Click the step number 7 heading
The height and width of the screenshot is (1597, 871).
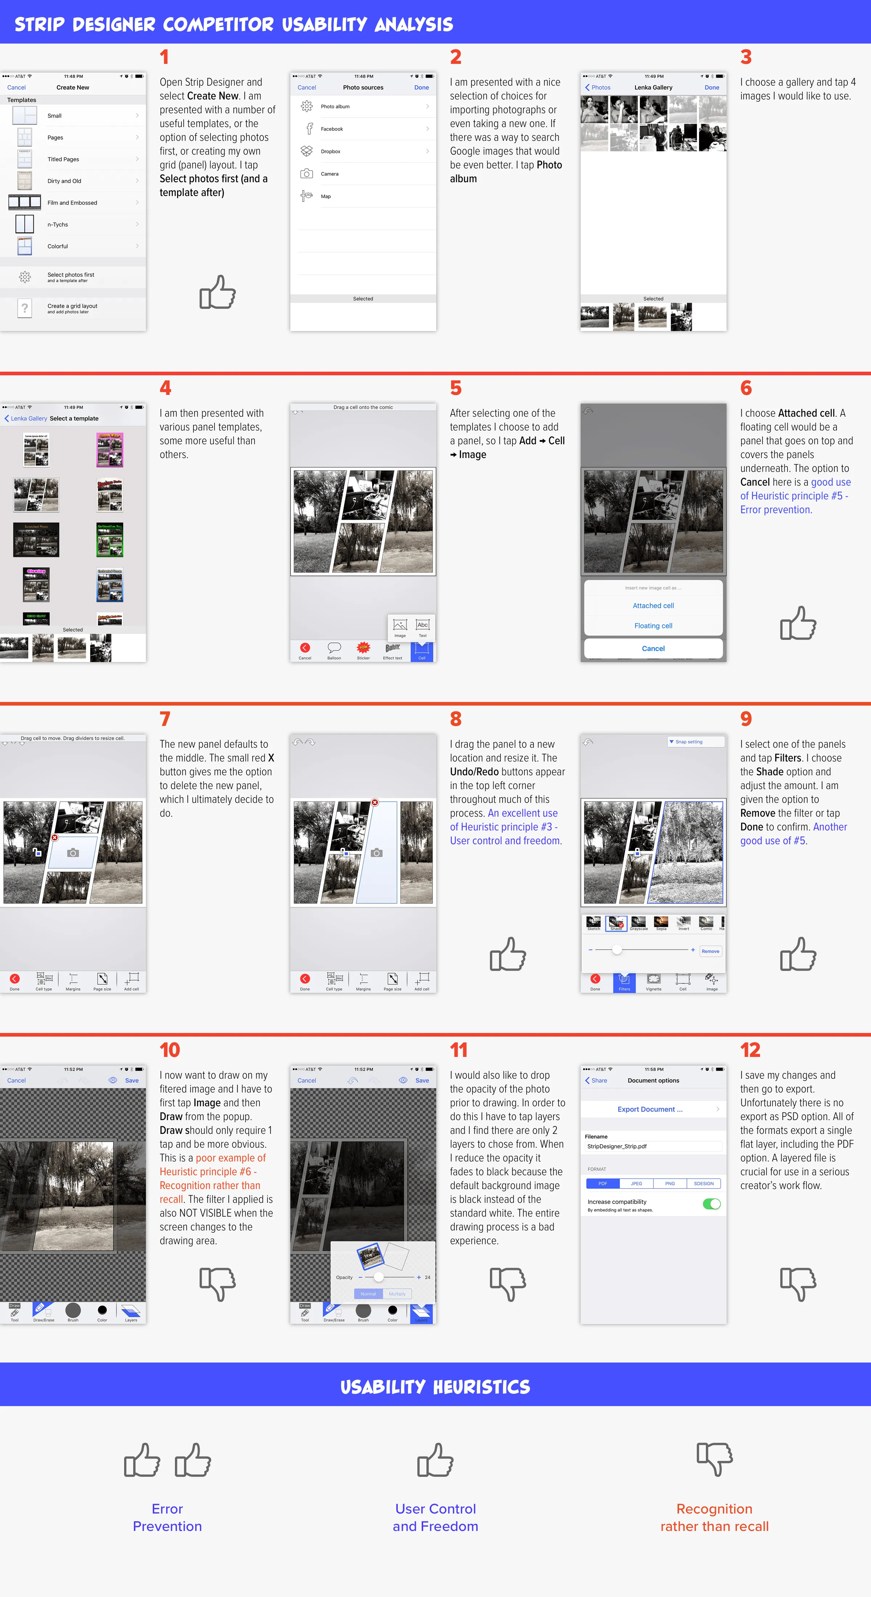[165, 719]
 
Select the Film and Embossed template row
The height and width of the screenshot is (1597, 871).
[73, 203]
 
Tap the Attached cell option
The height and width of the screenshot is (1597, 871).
[653, 606]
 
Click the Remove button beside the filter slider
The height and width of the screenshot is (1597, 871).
[711, 951]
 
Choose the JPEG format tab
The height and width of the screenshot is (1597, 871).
[636, 1184]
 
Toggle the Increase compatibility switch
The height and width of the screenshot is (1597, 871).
[711, 1204]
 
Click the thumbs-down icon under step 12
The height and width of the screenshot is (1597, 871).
[798, 1283]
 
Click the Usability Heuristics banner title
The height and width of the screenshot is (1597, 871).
[435, 1387]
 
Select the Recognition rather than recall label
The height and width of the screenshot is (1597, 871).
[714, 1517]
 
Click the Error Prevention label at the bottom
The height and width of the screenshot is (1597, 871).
[167, 1517]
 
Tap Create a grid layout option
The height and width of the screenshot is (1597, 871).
[73, 308]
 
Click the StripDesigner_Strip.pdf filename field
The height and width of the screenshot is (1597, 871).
[653, 1146]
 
